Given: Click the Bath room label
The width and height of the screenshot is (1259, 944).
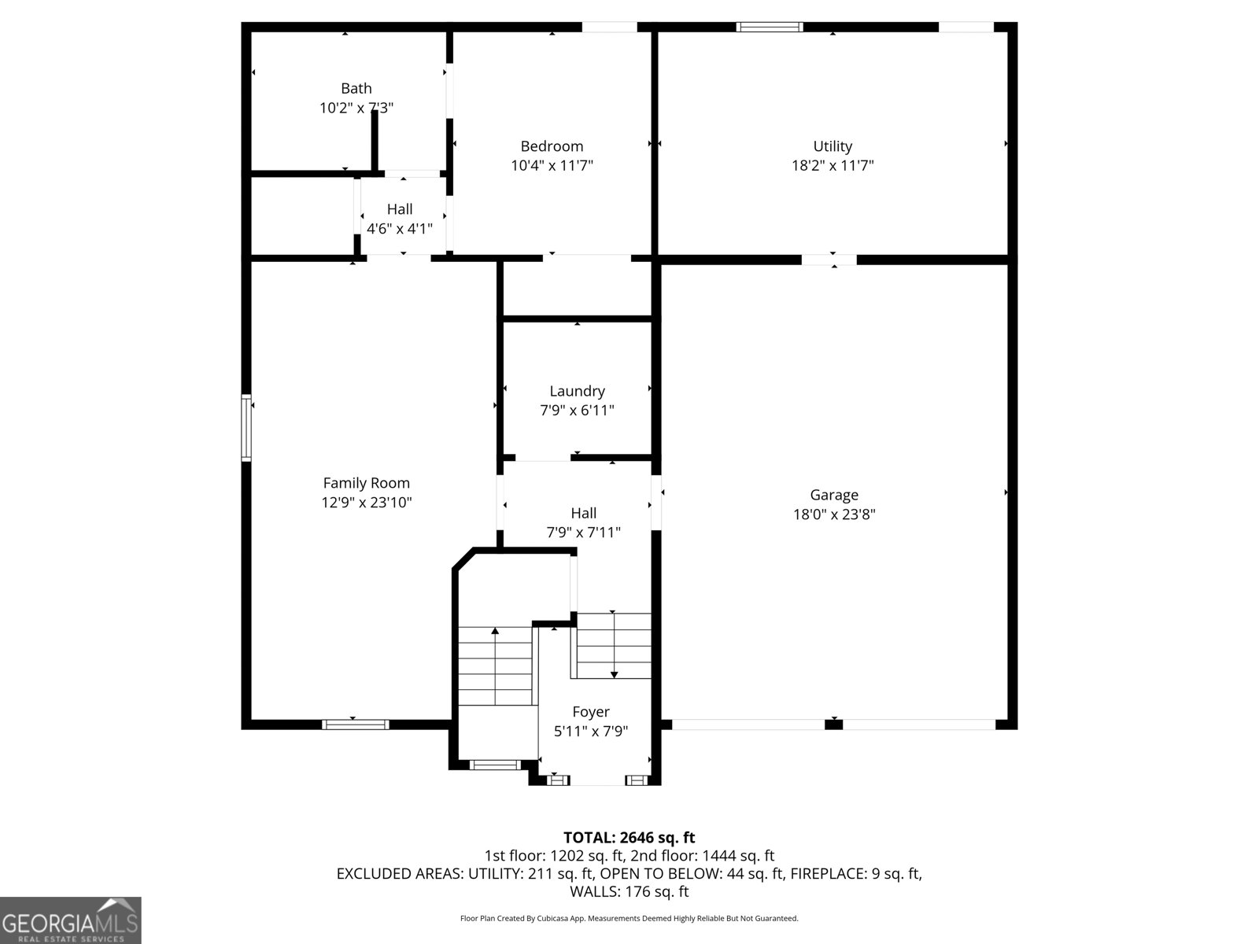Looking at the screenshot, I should coord(356,88).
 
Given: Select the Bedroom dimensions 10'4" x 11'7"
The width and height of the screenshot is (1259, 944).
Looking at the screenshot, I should coord(552,165).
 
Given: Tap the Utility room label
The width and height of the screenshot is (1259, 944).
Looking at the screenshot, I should coord(833,146).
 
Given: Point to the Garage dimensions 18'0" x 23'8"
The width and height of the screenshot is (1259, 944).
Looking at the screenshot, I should coord(834,514).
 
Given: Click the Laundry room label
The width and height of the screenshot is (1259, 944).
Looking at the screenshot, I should coord(577,390).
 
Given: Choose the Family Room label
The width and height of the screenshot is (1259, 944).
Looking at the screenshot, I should coord(366,483).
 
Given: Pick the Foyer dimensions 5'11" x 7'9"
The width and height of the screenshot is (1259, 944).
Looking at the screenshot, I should coord(591,731).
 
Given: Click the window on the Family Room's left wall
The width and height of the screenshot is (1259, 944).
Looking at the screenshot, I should coord(246,427).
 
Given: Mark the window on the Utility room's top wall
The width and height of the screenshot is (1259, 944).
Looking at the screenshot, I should coord(770,27).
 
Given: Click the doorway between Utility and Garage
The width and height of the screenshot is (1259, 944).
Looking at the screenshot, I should coord(829,260).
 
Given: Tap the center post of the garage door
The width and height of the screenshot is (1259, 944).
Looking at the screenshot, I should coord(834,724).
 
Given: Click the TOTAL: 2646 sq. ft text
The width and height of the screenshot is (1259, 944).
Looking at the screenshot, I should coord(629,838).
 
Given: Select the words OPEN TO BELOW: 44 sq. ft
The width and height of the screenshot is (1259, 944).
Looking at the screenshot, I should coord(690,873).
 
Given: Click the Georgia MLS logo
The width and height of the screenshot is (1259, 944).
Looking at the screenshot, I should coord(70,920).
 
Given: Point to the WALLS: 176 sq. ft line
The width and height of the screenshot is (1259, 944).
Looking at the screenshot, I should coord(629,891).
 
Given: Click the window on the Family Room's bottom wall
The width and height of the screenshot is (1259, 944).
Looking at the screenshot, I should coord(355,725).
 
